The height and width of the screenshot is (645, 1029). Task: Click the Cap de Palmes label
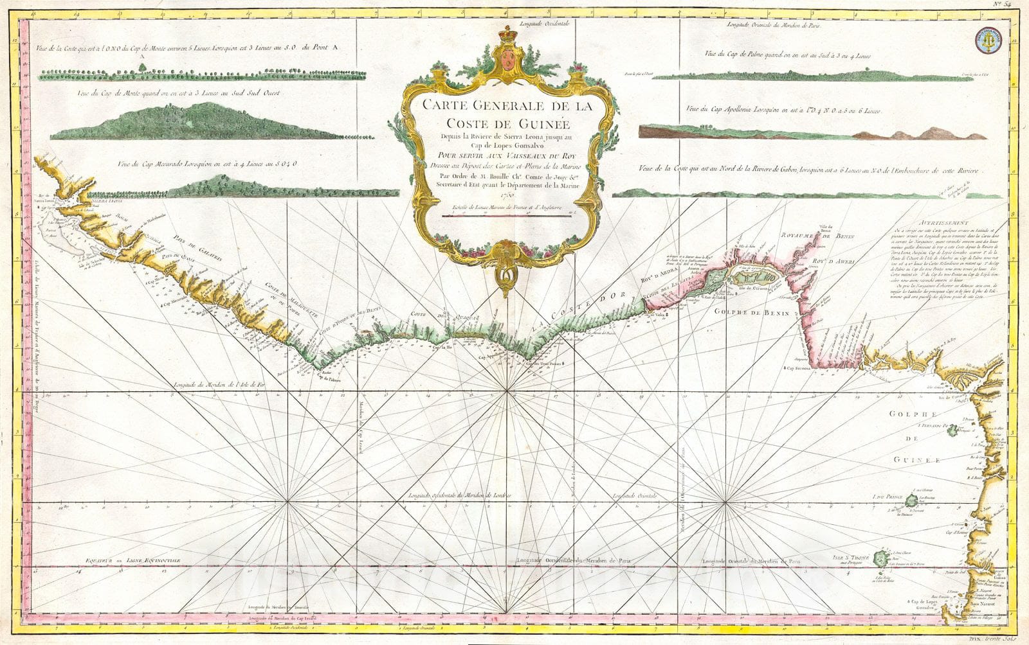[x=329, y=378]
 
